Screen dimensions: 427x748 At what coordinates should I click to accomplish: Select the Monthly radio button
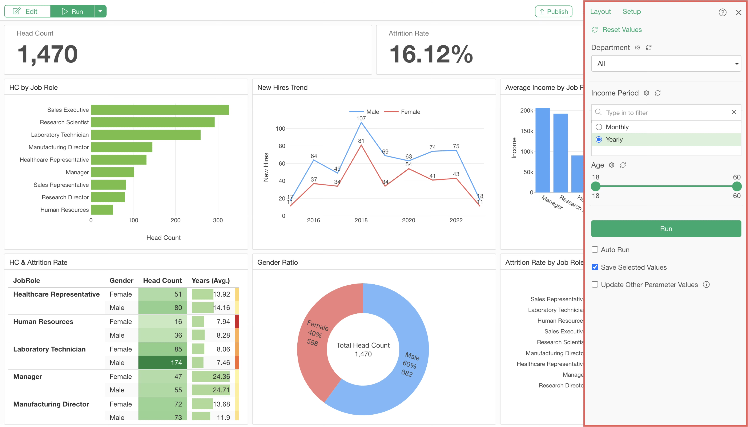(599, 127)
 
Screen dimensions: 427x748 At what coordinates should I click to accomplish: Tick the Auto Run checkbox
(595, 249)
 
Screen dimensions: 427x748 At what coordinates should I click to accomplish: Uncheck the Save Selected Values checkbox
(595, 267)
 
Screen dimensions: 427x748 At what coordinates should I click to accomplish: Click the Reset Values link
(622, 30)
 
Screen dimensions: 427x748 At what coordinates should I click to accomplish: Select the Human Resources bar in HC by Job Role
(102, 210)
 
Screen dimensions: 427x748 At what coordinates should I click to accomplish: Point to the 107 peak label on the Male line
(361, 118)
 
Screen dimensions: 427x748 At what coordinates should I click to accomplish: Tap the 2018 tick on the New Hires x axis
(361, 220)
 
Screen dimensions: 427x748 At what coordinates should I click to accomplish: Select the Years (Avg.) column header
(210, 281)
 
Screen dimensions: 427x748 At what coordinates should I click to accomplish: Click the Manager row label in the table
(28, 377)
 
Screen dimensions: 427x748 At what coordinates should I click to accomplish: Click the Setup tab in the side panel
(631, 11)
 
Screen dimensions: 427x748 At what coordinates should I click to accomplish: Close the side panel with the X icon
(738, 12)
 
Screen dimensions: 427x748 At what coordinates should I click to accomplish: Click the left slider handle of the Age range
(595, 186)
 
